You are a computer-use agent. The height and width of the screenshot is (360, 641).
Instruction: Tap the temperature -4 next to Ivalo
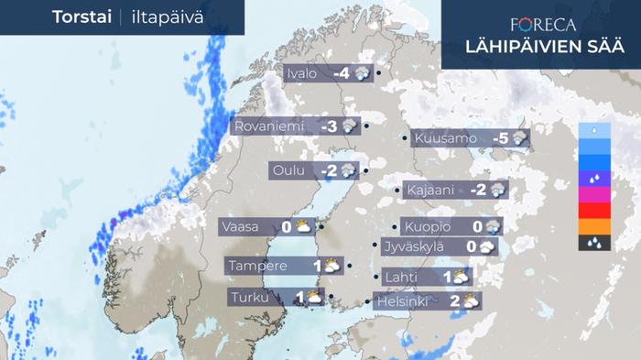click(342, 74)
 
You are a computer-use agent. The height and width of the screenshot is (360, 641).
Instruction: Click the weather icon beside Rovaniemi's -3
click(349, 127)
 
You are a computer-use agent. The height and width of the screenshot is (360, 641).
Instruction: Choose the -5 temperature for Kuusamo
click(501, 139)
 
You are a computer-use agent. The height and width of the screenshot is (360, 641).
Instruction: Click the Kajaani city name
click(430, 190)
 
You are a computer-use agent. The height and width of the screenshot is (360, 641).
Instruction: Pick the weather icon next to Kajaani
click(498, 190)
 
